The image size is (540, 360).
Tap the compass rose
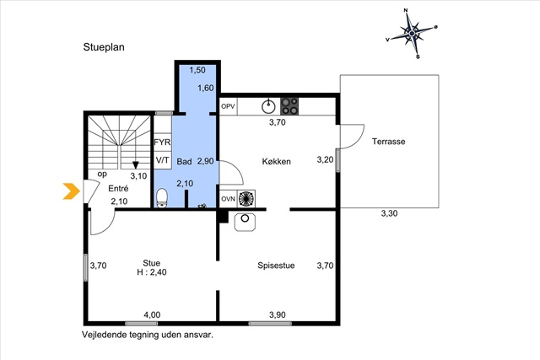pyautogui.click(x=412, y=34)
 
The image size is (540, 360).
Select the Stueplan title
pyautogui.click(x=104, y=47)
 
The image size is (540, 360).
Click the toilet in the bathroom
pyautogui.click(x=161, y=198)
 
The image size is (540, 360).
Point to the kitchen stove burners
pyautogui.click(x=289, y=106)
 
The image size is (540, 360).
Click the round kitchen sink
pyautogui.click(x=268, y=106)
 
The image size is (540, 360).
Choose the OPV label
pyautogui.click(x=228, y=106)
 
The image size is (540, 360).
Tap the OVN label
pyautogui.click(x=228, y=199)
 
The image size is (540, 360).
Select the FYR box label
pyautogui.click(x=162, y=142)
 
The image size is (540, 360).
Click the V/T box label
pyautogui.click(x=162, y=160)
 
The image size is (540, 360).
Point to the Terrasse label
pyautogui.click(x=388, y=142)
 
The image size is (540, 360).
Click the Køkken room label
pyautogui.click(x=276, y=161)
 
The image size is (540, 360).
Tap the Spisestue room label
pyautogui.click(x=276, y=266)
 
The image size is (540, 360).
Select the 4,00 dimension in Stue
pyautogui.click(x=152, y=315)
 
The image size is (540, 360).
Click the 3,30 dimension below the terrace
pyautogui.click(x=389, y=213)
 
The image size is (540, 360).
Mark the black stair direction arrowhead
pyautogui.click(x=136, y=165)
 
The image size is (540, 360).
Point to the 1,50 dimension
pyautogui.click(x=197, y=70)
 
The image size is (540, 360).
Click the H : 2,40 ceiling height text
pyautogui.click(x=152, y=272)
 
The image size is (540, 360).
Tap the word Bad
pyautogui.click(x=184, y=161)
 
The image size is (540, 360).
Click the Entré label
pyautogui.click(x=118, y=189)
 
